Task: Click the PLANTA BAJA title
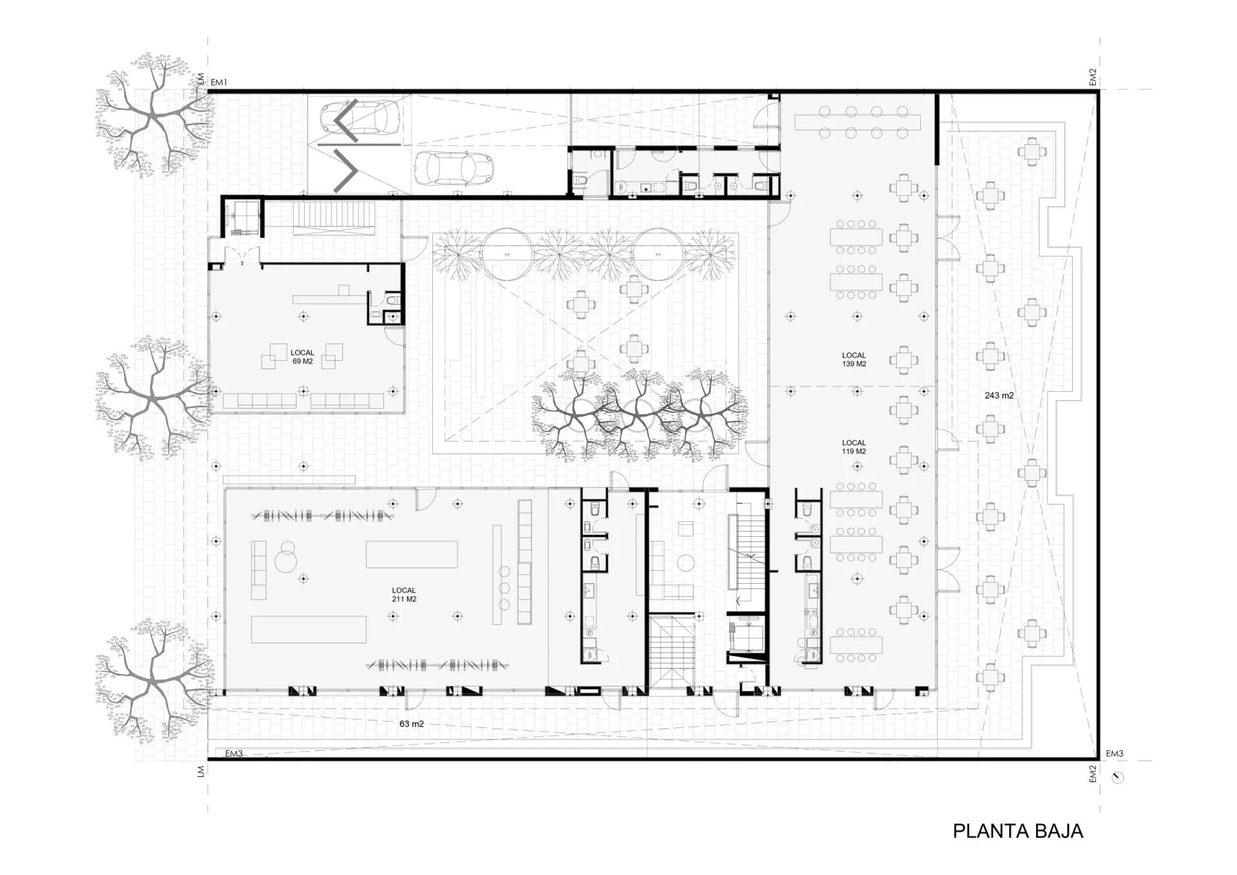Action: tap(1018, 831)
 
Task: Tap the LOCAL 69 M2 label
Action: tap(302, 357)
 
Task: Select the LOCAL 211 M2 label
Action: tap(404, 594)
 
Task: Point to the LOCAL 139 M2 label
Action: tap(854, 360)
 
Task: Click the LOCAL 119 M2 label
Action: tap(854, 447)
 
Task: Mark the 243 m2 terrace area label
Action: tap(999, 396)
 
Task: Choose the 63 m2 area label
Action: tap(411, 724)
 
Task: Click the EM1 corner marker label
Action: tap(219, 82)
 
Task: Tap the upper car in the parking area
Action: tap(361, 119)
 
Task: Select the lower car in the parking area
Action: tap(454, 168)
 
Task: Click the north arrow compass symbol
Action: tap(1118, 777)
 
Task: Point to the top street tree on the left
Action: tap(153, 116)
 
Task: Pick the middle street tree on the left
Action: tap(153, 398)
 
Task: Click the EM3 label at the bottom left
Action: tap(234, 753)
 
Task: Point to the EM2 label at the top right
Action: tap(1093, 77)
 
